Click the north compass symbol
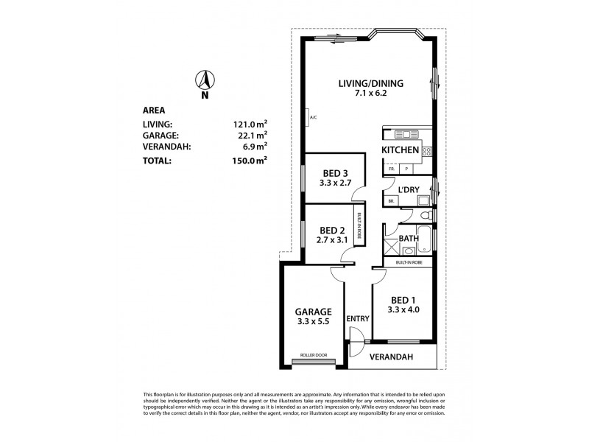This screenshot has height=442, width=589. coord(205,80)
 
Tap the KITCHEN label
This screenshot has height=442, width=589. coord(400,150)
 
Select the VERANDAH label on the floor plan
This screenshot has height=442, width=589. coord(391,357)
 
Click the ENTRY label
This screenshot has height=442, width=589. coord(357,318)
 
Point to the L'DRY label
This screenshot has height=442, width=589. coord(408,190)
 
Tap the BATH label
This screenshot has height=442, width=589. coord(409,239)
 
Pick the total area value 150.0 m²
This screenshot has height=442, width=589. coord(250,159)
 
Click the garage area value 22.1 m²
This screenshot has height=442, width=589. coord(250,136)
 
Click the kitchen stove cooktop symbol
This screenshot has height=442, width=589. coord(427,152)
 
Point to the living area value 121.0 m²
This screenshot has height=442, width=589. coord(250,124)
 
